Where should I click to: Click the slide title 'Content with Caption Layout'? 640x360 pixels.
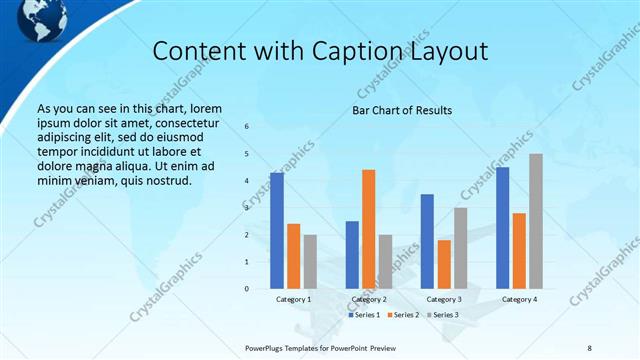tap(321, 51)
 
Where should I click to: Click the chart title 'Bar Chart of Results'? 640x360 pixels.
tap(402, 110)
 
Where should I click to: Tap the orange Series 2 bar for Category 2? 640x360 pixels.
tap(368, 229)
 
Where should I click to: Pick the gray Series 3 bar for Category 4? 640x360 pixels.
tap(536, 221)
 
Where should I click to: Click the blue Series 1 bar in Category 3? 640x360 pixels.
tap(427, 241)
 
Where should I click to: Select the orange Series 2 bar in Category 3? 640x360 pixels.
tap(444, 264)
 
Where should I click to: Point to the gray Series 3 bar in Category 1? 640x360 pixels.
tap(310, 261)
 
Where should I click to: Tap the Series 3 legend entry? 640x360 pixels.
tap(441, 315)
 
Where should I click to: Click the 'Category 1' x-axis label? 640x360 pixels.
tap(293, 299)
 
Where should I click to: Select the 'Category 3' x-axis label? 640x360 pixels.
tap(444, 299)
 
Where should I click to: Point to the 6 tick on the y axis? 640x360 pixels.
tap(247, 127)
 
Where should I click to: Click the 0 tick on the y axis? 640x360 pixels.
tap(247, 289)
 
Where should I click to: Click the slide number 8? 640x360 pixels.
tap(589, 347)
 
